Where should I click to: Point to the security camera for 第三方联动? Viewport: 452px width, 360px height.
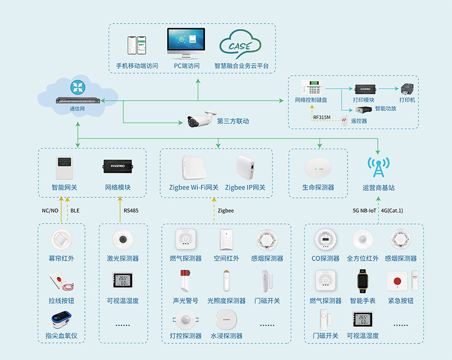[x=202, y=120]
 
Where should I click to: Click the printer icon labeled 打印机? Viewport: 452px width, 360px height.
[x=407, y=89]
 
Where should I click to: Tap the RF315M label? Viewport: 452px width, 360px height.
[x=322, y=117]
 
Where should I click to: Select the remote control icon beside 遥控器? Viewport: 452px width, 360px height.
[x=345, y=121]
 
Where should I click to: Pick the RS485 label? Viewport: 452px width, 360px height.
[x=131, y=210]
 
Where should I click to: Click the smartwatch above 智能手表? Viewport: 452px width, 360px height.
[x=363, y=281]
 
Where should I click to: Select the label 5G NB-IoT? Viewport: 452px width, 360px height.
[x=363, y=210]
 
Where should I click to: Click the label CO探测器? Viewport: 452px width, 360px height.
[x=325, y=259]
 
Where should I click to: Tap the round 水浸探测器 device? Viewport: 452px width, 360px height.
[x=226, y=319]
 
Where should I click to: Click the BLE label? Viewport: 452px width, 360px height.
[x=75, y=210]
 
